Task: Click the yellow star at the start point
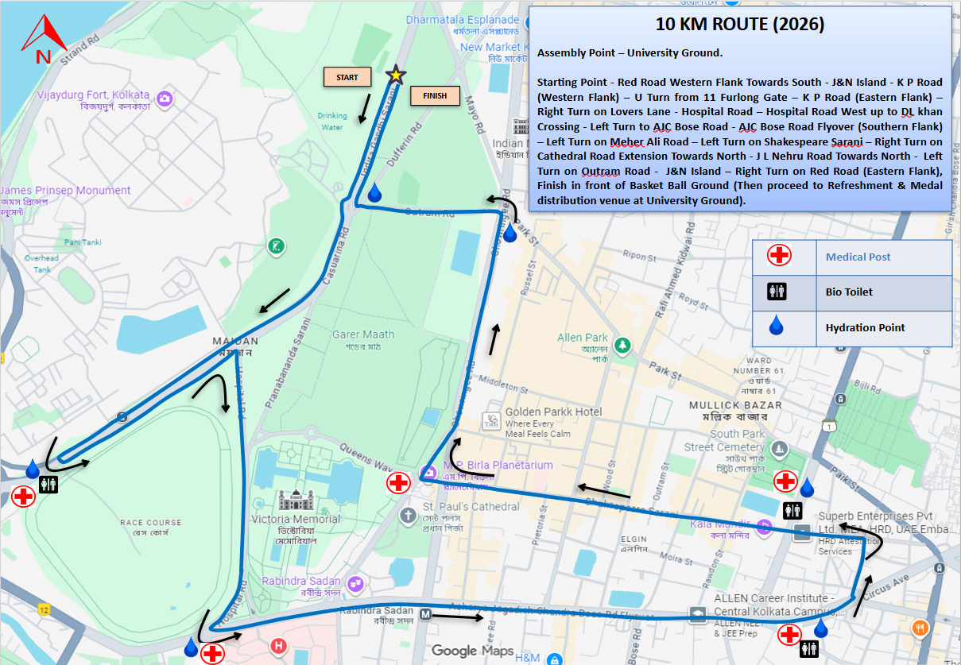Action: (x=395, y=75)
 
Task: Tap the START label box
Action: (x=347, y=77)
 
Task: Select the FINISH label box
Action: (x=434, y=96)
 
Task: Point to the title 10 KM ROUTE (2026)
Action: (x=739, y=24)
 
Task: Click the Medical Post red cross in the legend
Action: (x=779, y=257)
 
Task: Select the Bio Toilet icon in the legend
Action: (x=777, y=292)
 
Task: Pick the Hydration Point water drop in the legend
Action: (x=777, y=327)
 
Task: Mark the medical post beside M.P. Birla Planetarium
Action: (x=398, y=482)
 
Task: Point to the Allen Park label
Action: (x=583, y=338)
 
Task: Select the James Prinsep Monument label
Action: (x=65, y=191)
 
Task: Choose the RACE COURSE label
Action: (x=150, y=523)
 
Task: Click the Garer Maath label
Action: (x=363, y=334)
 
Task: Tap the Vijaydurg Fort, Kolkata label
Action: (x=93, y=95)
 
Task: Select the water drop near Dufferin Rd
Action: (x=374, y=192)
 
